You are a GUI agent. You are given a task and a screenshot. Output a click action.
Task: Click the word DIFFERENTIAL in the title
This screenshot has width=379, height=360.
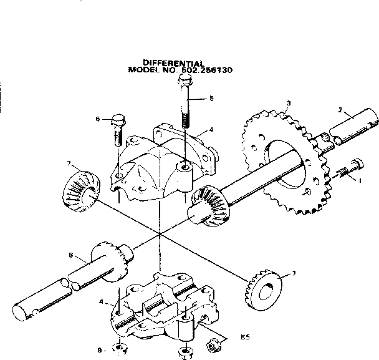point(174,62)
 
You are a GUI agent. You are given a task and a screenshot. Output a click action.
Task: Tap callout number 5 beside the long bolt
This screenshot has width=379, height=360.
point(211,98)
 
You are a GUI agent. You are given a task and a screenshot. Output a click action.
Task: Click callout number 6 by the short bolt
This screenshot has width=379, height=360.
point(98,119)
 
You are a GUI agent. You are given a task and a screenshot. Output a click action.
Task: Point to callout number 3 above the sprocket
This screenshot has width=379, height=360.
point(288,103)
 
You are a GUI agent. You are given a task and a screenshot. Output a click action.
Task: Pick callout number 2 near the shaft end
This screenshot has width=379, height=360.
point(340,110)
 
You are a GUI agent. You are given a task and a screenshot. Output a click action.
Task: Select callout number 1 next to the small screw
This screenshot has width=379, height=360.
point(359,181)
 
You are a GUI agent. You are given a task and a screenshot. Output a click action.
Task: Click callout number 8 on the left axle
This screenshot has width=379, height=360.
point(72,255)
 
